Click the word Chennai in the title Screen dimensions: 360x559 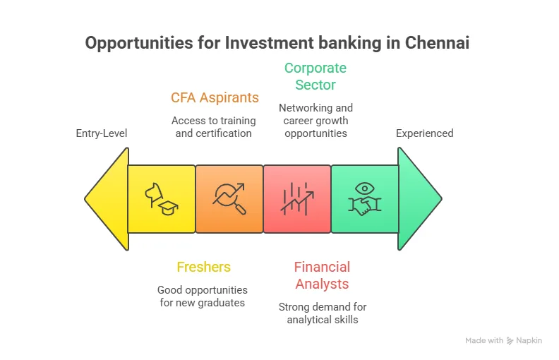click(x=437, y=43)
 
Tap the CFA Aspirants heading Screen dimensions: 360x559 click(x=215, y=97)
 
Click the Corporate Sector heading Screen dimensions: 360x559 click(x=315, y=76)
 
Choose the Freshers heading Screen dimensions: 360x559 click(x=203, y=267)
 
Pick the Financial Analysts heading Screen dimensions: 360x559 click(x=322, y=275)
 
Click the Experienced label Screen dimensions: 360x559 click(x=424, y=133)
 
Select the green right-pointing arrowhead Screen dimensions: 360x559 click(x=419, y=199)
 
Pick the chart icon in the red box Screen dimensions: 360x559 click(x=297, y=199)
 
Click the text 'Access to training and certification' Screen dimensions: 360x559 click(x=214, y=126)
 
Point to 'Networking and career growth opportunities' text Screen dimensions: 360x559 click(x=315, y=120)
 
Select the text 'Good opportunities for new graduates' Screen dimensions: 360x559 click(x=203, y=296)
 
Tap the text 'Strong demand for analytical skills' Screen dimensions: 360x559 click(x=323, y=313)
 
